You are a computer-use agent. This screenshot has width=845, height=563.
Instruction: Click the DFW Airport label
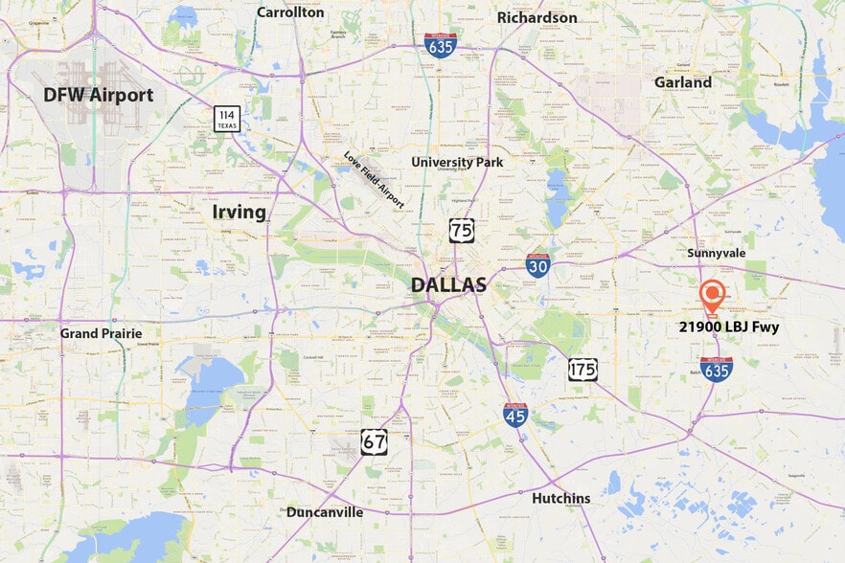[98, 95]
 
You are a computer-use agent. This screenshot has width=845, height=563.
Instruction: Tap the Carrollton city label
[291, 12]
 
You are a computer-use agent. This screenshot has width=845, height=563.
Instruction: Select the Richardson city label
[537, 17]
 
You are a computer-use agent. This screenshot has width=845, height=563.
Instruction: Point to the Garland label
[682, 82]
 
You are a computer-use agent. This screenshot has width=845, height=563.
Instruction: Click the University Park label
[457, 162]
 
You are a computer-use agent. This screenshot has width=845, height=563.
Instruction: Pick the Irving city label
[240, 212]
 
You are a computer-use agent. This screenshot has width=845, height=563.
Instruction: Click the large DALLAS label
[448, 284]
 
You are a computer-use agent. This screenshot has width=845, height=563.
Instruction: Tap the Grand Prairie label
[101, 333]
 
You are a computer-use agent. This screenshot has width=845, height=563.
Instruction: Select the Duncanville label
[325, 512]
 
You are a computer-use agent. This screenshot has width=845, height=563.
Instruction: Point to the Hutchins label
[561, 498]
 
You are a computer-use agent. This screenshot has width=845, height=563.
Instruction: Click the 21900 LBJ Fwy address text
[729, 327]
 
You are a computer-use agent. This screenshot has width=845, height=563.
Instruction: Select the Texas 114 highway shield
[226, 119]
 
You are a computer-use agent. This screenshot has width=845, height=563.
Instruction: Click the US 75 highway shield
[461, 230]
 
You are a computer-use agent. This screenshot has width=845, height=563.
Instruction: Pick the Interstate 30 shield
[538, 265]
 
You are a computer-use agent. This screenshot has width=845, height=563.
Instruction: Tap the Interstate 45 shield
[515, 415]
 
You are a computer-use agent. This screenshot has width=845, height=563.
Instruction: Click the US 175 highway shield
[582, 370]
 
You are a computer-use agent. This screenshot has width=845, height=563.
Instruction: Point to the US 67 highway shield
[375, 441]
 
